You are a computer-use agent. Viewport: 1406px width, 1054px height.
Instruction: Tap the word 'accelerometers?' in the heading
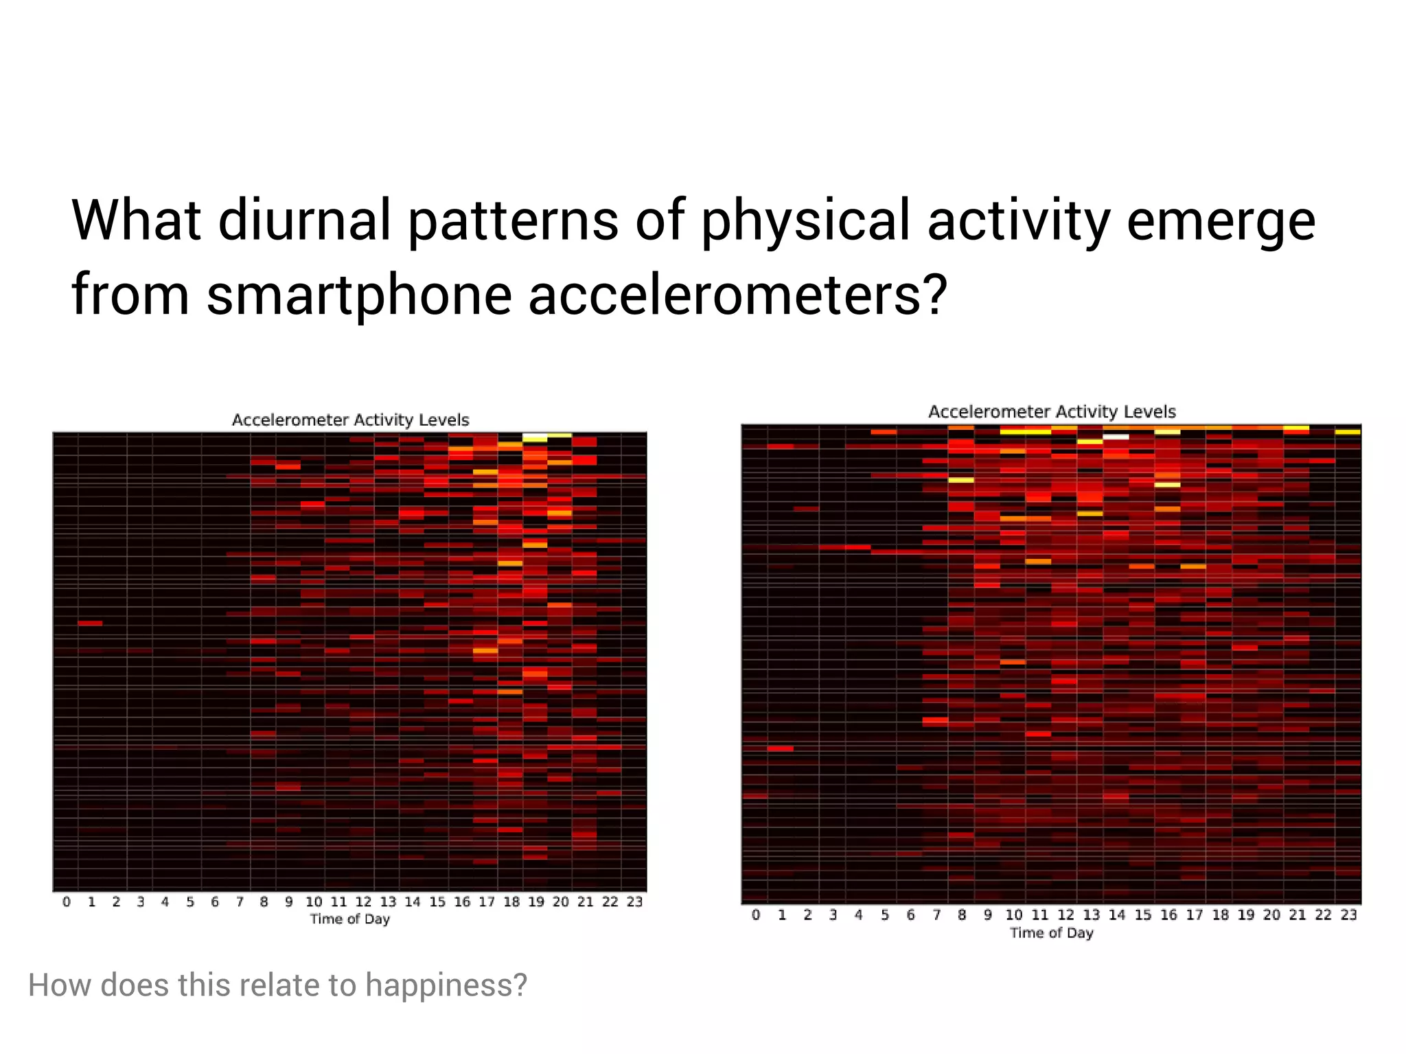click(738, 295)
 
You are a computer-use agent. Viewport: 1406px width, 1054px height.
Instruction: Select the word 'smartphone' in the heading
click(359, 295)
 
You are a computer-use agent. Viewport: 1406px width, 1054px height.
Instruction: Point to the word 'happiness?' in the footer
click(446, 985)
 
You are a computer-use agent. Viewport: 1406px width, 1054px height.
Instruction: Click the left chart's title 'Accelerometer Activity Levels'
click(350, 420)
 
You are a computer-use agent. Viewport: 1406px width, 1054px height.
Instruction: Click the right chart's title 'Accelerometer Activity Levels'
click(1052, 412)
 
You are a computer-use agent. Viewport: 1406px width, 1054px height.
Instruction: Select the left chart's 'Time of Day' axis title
click(349, 919)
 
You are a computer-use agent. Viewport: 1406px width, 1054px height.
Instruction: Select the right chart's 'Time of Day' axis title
click(1051, 932)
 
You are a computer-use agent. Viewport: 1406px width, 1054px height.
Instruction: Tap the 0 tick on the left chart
click(67, 902)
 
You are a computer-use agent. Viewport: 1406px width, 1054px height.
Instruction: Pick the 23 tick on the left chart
click(634, 902)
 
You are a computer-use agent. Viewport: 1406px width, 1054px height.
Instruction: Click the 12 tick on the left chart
click(363, 902)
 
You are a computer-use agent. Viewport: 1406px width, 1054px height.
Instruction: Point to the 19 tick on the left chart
click(535, 902)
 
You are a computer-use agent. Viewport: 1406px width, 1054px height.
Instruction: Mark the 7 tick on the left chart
click(240, 902)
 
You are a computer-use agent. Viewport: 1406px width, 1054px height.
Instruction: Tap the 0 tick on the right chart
click(756, 915)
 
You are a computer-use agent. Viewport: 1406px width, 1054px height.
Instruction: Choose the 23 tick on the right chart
click(1349, 915)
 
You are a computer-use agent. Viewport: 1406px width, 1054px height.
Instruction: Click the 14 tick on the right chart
click(1117, 915)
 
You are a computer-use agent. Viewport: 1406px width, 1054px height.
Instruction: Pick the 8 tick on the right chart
click(962, 915)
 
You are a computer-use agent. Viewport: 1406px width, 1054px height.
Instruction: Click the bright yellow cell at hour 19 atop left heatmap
click(535, 437)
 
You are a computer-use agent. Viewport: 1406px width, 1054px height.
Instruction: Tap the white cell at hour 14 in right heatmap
click(1116, 436)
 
